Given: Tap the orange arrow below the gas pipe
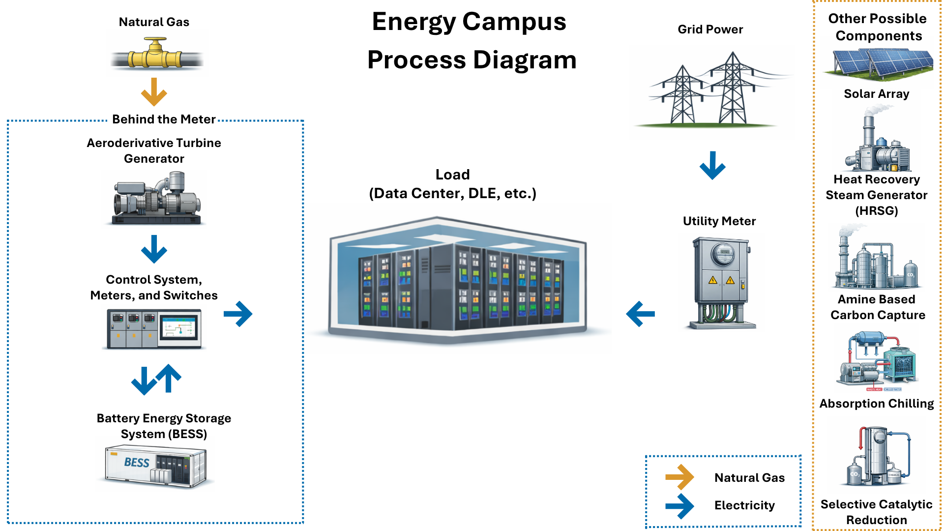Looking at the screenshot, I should point(154,92).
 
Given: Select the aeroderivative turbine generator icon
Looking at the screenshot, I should point(156,199).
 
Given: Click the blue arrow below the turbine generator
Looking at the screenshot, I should point(154,249).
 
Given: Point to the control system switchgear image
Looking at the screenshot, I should point(154,328).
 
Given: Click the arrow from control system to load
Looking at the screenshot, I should point(238,314).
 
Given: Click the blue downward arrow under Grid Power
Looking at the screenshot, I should point(712,165).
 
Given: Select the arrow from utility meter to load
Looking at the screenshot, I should point(641,314).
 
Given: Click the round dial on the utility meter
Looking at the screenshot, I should point(724,255).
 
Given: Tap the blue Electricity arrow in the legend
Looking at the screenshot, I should point(679,505).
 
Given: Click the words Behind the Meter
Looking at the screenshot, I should point(164,119).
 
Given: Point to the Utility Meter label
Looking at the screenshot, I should point(719,221).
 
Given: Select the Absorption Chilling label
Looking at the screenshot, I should point(877,404).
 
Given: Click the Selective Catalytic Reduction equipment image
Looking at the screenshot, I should point(878,457).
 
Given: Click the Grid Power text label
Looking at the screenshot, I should point(710,29).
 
